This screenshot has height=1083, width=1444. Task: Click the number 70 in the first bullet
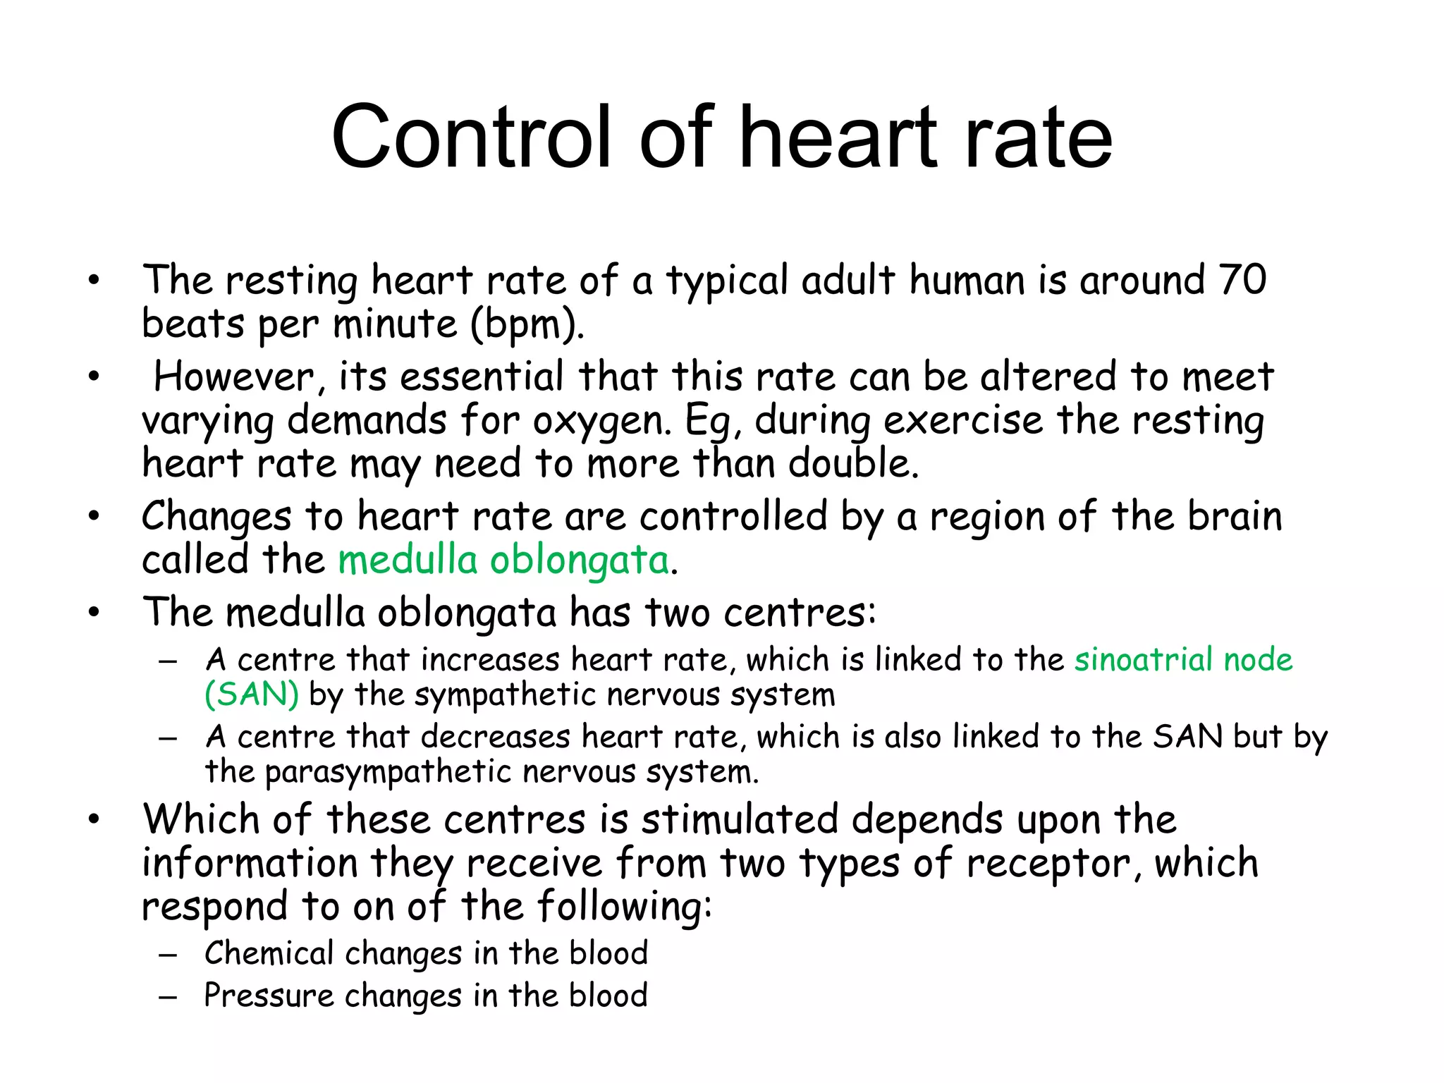point(1242,280)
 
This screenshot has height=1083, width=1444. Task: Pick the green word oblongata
point(580,561)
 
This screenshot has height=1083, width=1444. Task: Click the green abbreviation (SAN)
point(252,695)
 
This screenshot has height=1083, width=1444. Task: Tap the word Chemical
point(269,953)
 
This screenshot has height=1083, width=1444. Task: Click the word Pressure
point(269,996)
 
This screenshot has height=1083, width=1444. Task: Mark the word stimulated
point(740,820)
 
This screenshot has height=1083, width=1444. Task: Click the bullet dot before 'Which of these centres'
point(94,820)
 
